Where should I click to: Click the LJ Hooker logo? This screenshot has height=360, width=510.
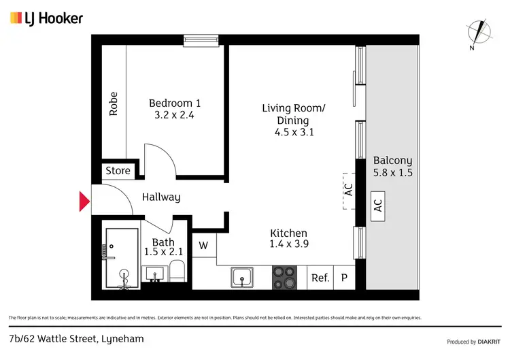point(46,18)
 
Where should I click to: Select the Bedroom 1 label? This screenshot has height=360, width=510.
point(175,103)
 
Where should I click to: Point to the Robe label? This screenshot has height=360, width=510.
point(114,103)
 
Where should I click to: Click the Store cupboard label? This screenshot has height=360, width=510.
point(118,171)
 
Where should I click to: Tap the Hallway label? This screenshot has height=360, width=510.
point(161,197)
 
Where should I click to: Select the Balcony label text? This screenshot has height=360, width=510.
point(392,161)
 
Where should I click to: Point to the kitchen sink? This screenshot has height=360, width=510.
point(242,278)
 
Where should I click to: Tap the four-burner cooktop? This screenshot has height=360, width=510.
point(286,278)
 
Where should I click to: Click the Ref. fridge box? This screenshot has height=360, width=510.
point(320,278)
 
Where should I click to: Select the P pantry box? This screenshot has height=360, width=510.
point(344,278)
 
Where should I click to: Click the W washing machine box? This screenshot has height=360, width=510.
point(203,245)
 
